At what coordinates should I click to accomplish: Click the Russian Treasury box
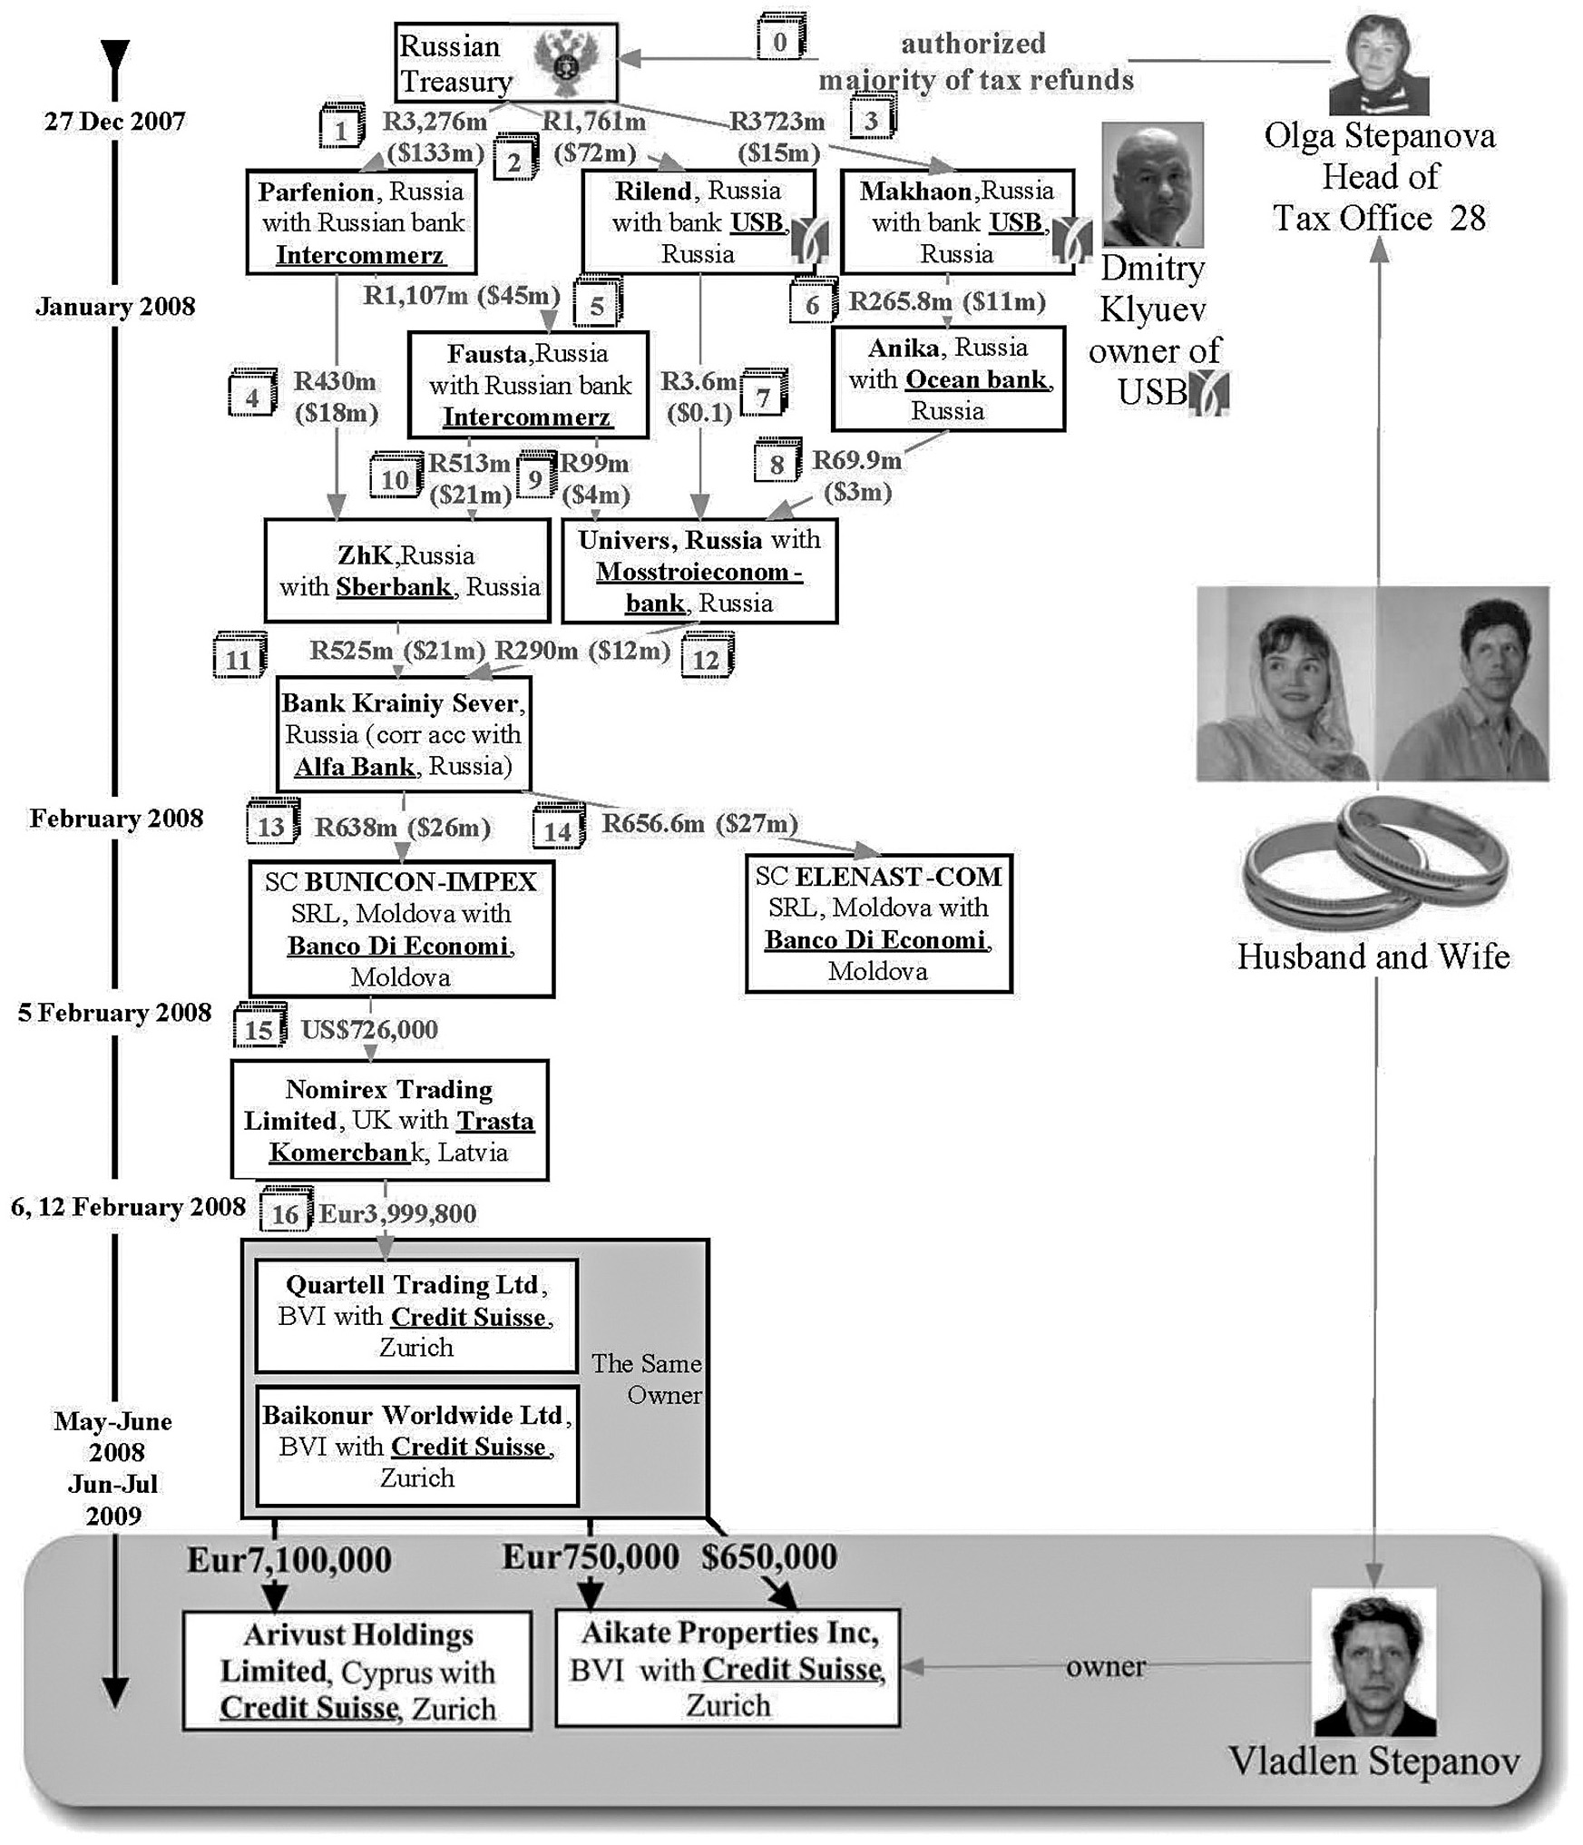click(x=505, y=62)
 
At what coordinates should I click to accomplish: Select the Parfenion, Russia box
click(x=361, y=222)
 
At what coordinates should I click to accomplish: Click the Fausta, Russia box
click(x=529, y=385)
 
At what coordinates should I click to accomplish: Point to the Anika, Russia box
click(x=948, y=378)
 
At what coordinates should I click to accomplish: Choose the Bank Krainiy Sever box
click(x=404, y=734)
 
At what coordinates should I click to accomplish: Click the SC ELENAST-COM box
click(x=878, y=923)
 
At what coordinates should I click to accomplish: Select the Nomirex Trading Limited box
click(x=389, y=1120)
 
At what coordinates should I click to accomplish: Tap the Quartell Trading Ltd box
click(x=416, y=1316)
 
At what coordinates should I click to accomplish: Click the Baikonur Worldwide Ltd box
click(x=416, y=1447)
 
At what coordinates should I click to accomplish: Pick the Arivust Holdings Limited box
click(x=357, y=1671)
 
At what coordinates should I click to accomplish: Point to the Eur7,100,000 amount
click(x=289, y=1560)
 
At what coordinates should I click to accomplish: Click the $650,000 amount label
click(x=769, y=1557)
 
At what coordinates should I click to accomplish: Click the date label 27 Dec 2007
click(x=115, y=122)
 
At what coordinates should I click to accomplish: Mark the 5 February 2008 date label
click(x=114, y=1013)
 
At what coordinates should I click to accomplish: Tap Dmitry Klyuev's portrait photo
click(x=1152, y=185)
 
